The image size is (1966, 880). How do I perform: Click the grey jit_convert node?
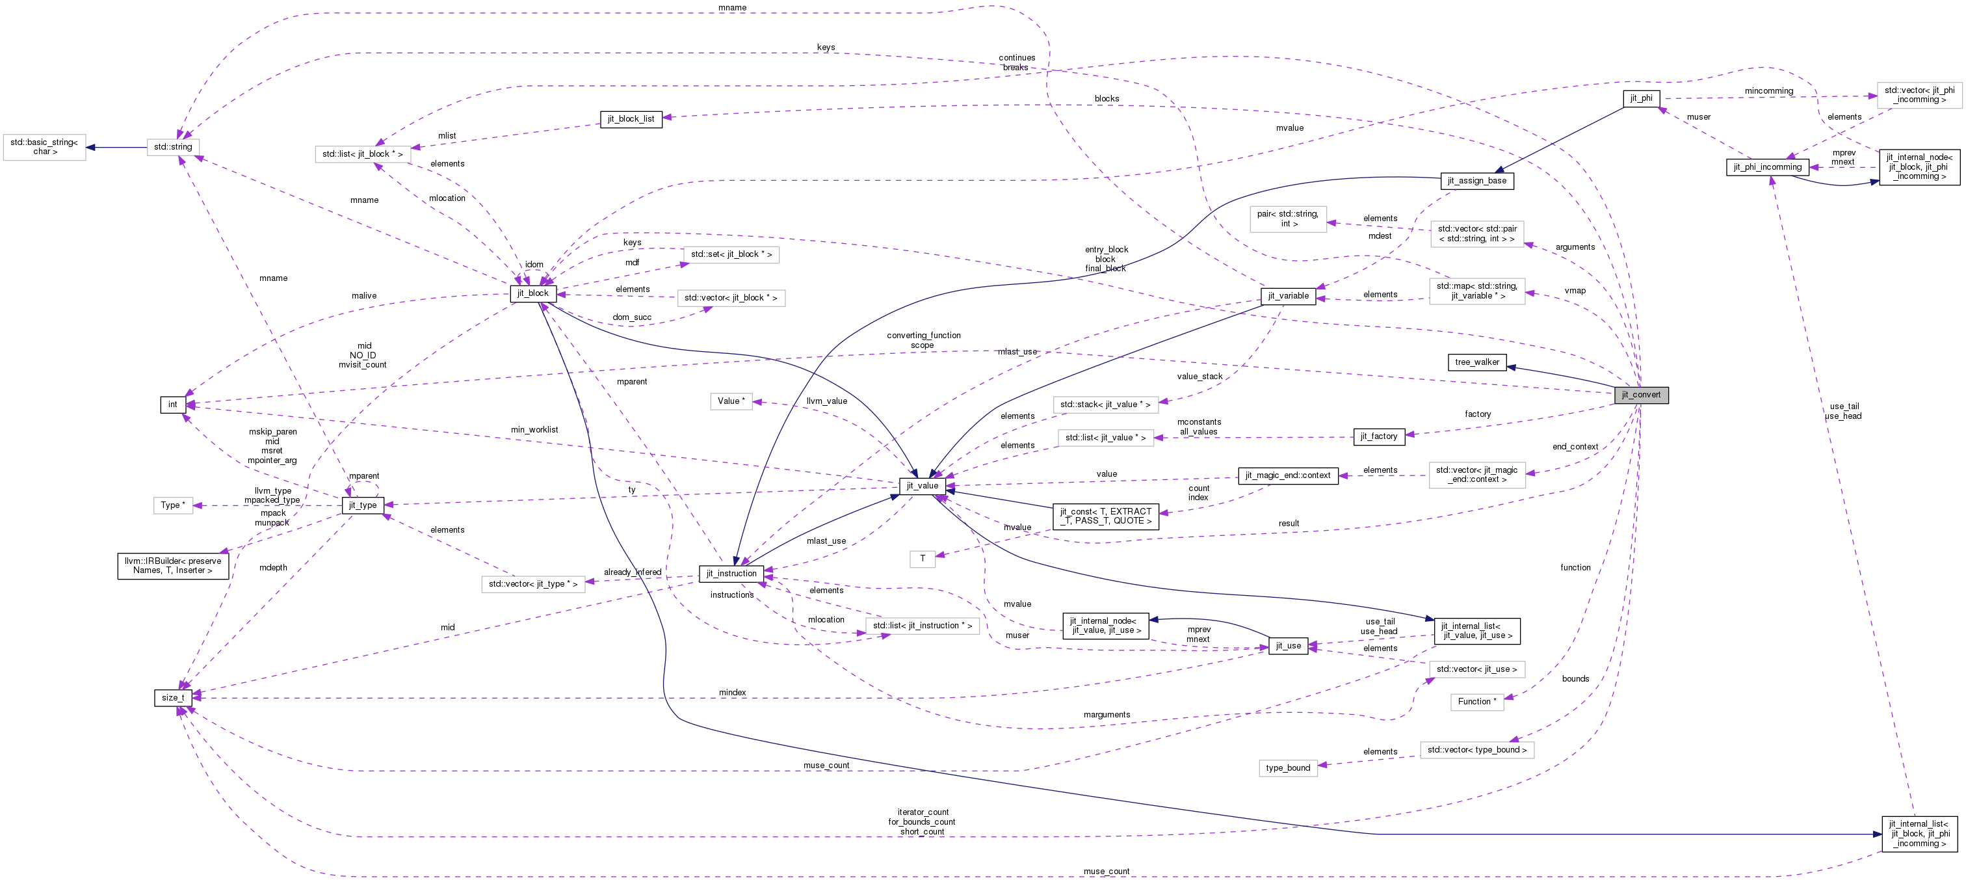click(x=1641, y=395)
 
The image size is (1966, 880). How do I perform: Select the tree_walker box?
click(x=1477, y=362)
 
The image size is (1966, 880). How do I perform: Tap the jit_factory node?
click(x=1378, y=436)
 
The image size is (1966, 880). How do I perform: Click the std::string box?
click(x=173, y=146)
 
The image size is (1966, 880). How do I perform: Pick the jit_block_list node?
click(x=631, y=119)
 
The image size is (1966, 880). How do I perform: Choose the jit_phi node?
click(x=1641, y=98)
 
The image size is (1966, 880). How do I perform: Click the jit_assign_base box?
click(x=1476, y=181)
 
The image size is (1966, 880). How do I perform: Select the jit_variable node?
click(x=1287, y=296)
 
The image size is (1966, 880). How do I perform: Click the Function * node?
click(x=1477, y=701)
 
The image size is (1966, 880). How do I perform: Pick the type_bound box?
click(x=1287, y=768)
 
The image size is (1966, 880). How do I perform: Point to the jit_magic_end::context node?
click(x=1287, y=475)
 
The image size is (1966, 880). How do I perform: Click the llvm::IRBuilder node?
click(x=173, y=566)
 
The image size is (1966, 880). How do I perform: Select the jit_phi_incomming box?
click(x=1767, y=167)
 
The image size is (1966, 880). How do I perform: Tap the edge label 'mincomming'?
click(x=1768, y=91)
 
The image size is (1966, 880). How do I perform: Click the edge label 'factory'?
click(x=1478, y=414)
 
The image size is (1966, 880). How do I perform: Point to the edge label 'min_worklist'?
click(x=534, y=430)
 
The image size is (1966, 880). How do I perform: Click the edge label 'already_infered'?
click(x=632, y=572)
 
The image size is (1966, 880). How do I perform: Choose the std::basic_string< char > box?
click(x=45, y=146)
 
